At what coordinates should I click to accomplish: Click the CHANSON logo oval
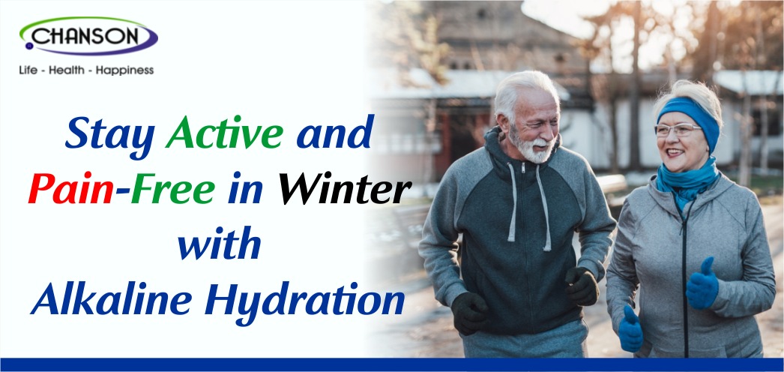coord(88,36)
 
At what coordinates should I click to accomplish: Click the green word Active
coord(227,133)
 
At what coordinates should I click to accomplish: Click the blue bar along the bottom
coord(392,364)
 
